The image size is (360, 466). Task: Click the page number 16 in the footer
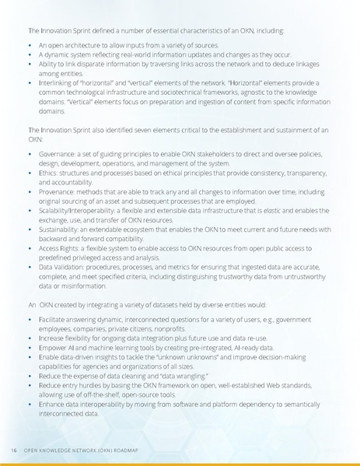[15, 450]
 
